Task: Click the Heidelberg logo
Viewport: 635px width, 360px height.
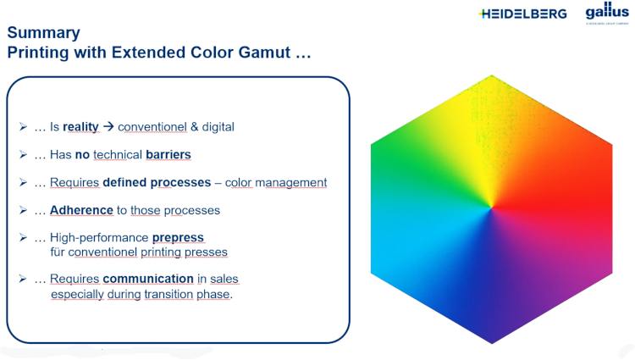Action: pyautogui.click(x=522, y=14)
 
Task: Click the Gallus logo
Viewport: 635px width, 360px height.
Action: pyautogui.click(x=607, y=12)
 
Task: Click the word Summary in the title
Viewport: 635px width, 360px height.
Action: pyautogui.click(x=43, y=33)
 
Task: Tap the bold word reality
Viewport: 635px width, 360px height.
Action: pyautogui.click(x=80, y=127)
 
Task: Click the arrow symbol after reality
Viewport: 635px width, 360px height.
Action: pyautogui.click(x=108, y=127)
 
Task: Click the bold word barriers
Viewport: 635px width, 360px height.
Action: pyautogui.click(x=168, y=155)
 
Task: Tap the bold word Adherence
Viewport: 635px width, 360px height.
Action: pyautogui.click(x=81, y=210)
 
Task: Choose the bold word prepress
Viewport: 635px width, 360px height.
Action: pyautogui.click(x=178, y=237)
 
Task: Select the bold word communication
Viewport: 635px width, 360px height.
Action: pyautogui.click(x=148, y=279)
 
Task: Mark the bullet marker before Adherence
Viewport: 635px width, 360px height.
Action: pyautogui.click(x=23, y=210)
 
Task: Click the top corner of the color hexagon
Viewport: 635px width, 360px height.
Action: pyautogui.click(x=492, y=76)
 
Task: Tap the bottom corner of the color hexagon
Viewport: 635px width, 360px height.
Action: pyautogui.click(x=492, y=342)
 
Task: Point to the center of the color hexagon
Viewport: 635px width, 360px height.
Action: pyautogui.click(x=492, y=209)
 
